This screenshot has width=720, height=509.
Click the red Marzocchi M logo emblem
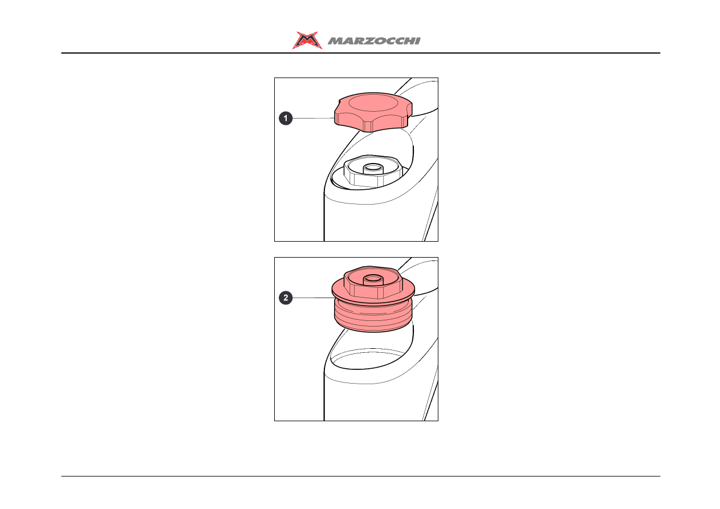tap(307, 40)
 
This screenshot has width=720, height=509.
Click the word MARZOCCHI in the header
tap(374, 41)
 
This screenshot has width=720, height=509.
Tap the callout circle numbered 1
tap(286, 118)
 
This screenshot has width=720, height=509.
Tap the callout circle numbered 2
tap(286, 298)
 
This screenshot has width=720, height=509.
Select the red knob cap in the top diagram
tap(373, 112)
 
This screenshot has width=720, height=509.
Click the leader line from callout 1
tap(314, 118)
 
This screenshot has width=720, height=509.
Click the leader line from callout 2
tap(314, 298)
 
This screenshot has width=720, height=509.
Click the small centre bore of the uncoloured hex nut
tap(373, 168)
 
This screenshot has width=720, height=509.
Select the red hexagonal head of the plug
tap(373, 282)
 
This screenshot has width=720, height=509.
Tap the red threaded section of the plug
tap(373, 316)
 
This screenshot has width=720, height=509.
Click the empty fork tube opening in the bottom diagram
tap(369, 359)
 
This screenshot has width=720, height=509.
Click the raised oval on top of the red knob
tap(373, 103)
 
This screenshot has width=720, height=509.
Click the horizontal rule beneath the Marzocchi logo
tap(361, 53)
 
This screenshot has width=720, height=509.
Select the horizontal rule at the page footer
tap(361, 476)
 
